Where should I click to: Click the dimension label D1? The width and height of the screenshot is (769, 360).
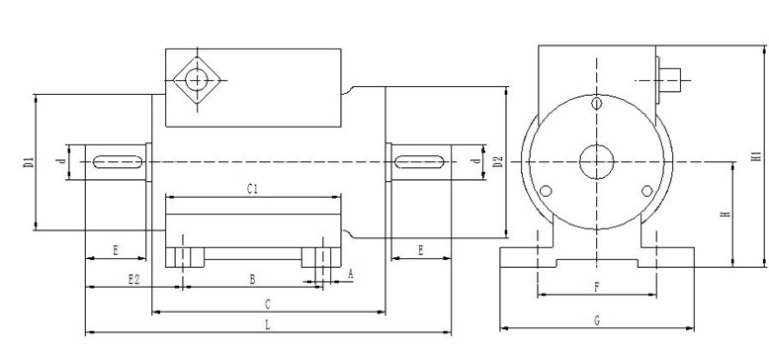[x=28, y=163]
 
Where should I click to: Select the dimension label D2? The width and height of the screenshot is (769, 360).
[x=498, y=162]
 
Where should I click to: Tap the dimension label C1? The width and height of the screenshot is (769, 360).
[x=252, y=189]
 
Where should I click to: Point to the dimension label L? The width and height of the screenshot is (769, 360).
[x=267, y=324]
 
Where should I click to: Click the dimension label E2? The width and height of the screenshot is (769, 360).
[x=133, y=280]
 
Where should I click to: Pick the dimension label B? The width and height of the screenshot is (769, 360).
[x=253, y=280]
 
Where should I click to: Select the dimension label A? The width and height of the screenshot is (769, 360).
[x=350, y=274]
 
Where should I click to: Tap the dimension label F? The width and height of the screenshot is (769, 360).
[x=597, y=287]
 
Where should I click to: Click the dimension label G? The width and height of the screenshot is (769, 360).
[x=597, y=320]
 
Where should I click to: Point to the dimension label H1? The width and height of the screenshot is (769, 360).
[x=758, y=157]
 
